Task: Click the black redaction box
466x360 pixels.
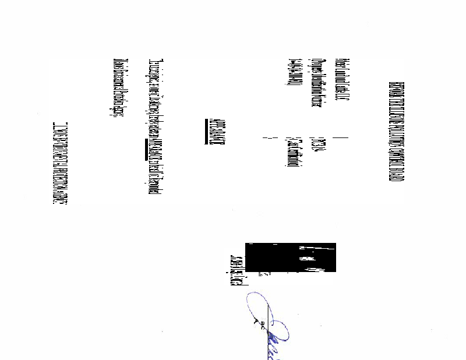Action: pos(291,257)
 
